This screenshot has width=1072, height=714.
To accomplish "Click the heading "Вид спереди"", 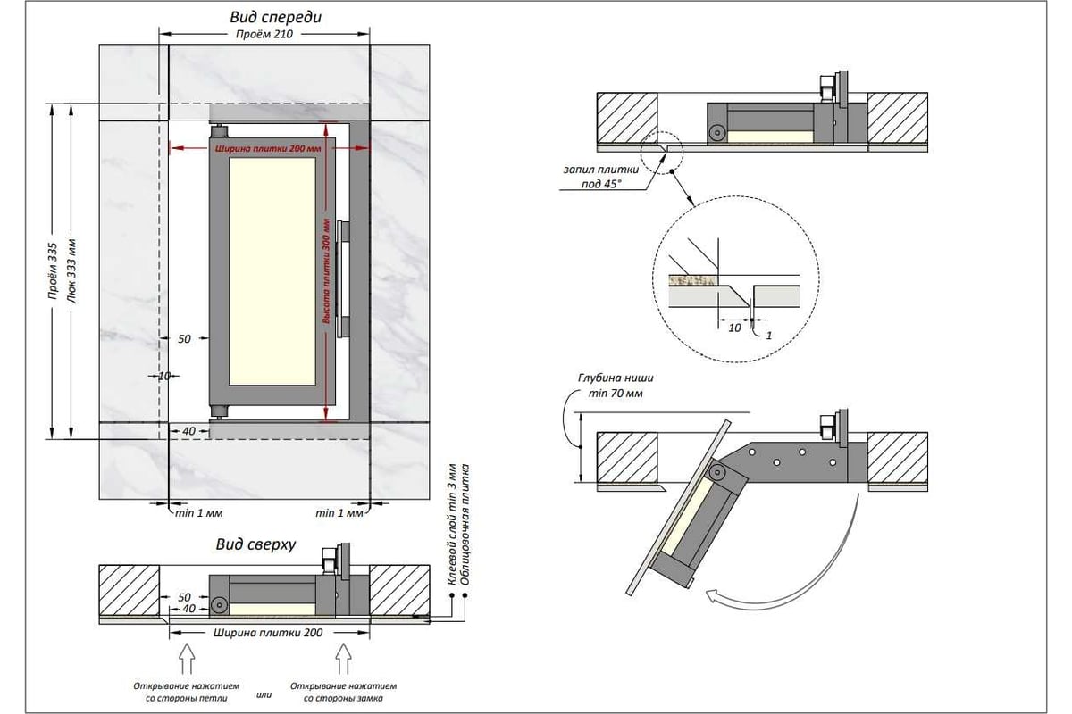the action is pos(275,17).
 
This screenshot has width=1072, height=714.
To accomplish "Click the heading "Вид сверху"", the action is pos(255,544).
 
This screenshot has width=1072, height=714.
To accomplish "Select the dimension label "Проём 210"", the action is pos(264,34).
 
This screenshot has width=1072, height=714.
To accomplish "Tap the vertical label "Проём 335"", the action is pos(53,271).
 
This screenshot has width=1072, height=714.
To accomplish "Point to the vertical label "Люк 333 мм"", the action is pos(71,271).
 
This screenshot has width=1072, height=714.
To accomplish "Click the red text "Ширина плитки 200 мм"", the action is pos(267,149).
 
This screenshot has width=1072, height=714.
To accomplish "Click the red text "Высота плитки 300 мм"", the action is pos(327,271).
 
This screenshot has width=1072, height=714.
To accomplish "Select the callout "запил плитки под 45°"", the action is pos(601,176).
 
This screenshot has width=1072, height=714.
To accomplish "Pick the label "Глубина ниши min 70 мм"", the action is pos(616,386).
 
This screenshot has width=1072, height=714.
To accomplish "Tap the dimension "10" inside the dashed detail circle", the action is pos(734,328).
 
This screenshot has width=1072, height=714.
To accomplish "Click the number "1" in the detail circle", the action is pos(768,336).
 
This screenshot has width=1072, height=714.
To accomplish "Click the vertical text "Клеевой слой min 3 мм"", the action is pos(452,524).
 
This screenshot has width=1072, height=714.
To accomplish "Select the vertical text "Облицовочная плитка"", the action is pos(465,524).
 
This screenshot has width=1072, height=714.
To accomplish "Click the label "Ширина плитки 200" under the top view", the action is pos(268,633).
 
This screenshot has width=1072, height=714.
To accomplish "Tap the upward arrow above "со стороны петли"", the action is pos(187,659).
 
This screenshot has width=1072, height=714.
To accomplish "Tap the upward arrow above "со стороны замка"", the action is pos(343,659).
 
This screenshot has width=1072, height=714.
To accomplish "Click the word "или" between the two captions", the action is pos(264,693).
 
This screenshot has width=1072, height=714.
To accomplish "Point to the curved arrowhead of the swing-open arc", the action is pos(714,597).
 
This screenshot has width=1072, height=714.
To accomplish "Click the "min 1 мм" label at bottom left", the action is pos(198,513).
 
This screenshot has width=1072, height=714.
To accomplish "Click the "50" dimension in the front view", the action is pos(184,339).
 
